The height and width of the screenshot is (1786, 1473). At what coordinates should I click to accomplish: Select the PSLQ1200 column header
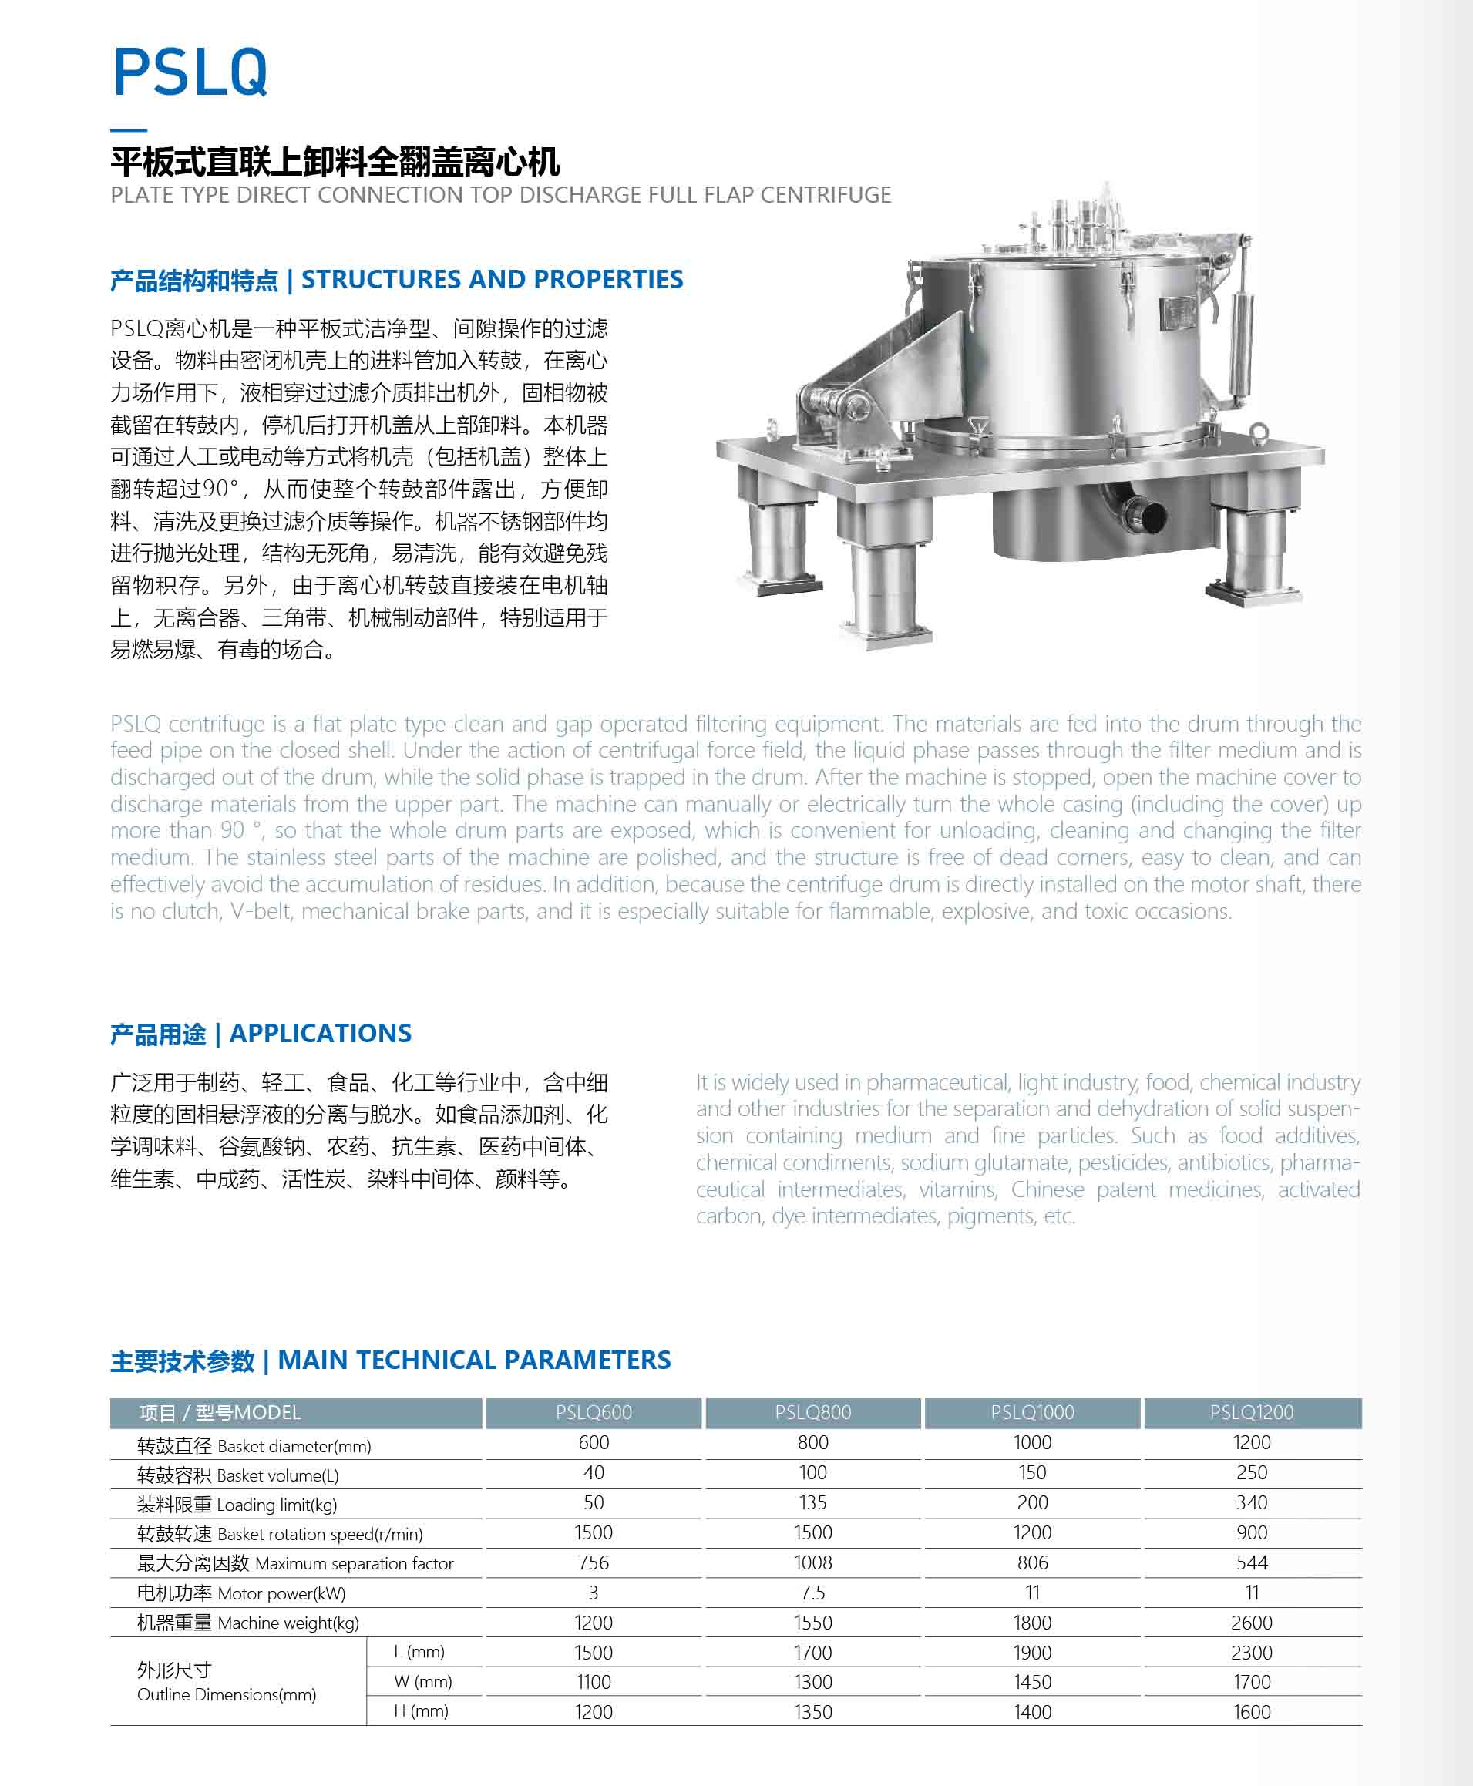(x=1251, y=1412)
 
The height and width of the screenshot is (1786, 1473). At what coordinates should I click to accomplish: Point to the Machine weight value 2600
(x=1251, y=1623)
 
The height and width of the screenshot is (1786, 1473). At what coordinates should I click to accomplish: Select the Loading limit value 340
(x=1251, y=1502)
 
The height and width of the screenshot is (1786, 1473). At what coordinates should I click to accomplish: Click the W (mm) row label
(x=422, y=1682)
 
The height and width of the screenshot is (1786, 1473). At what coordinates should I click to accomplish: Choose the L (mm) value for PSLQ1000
(x=1032, y=1652)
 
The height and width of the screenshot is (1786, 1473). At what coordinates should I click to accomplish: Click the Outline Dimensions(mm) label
(x=227, y=1694)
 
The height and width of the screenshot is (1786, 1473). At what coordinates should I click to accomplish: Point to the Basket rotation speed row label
(x=279, y=1533)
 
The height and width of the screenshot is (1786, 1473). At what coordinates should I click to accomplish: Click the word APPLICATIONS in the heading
(x=320, y=1033)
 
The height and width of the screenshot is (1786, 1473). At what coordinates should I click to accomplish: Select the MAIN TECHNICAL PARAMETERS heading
(x=473, y=1359)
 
